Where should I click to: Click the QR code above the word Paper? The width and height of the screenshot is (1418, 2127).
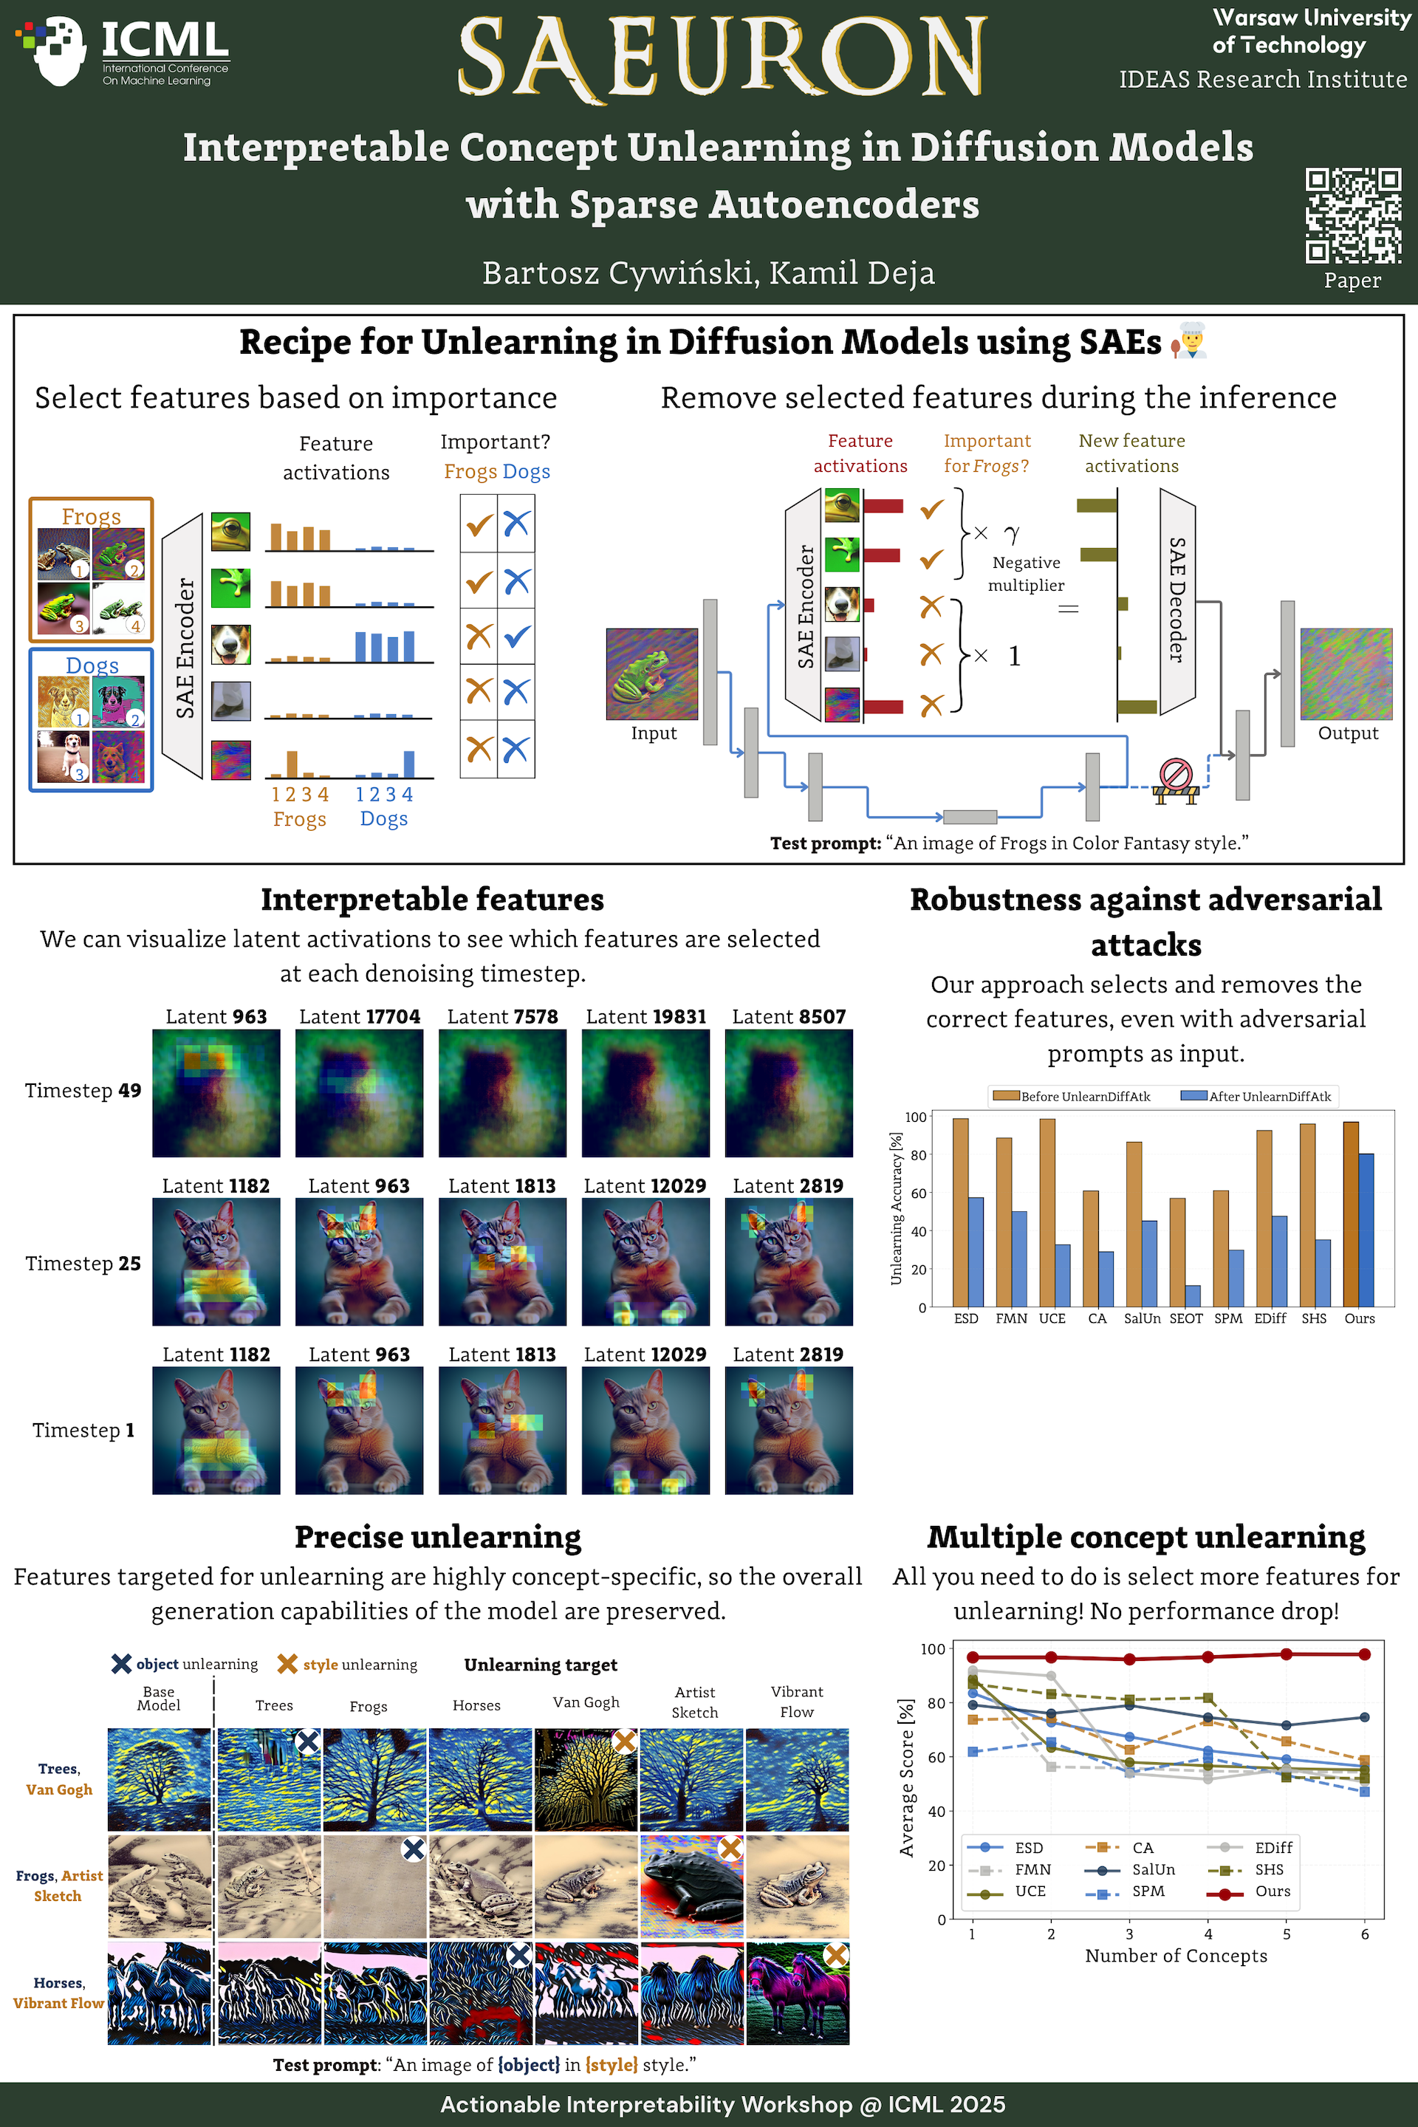pos(1353,215)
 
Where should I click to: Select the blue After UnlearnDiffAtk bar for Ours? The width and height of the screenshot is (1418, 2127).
pos(1366,1230)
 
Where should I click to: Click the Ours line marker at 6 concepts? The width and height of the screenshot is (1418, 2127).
pos(1365,1654)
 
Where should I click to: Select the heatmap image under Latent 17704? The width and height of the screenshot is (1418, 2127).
pos(359,1092)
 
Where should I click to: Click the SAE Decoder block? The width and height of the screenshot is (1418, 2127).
pos(1177,600)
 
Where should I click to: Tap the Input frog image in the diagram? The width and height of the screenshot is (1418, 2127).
pos(652,674)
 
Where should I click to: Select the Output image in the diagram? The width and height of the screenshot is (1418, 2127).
pos(1346,674)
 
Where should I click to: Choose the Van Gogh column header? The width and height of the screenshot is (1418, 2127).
pos(586,1702)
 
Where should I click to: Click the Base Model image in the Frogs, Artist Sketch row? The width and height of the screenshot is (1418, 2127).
pos(160,1885)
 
